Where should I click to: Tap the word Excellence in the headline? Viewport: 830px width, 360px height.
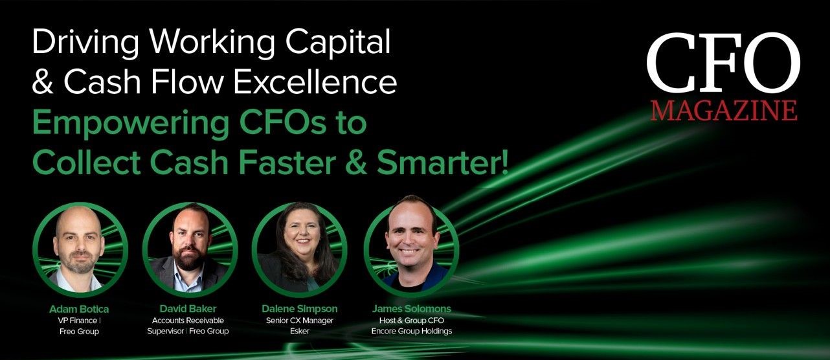click(315, 82)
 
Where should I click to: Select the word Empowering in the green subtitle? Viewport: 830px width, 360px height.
click(131, 124)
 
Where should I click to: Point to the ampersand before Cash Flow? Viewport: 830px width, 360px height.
click(43, 82)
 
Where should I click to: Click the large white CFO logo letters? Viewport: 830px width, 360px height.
click(724, 63)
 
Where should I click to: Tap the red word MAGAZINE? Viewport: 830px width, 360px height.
click(724, 110)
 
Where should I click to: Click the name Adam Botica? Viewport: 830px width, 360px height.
click(79, 309)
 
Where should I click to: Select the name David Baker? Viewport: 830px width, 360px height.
click(188, 309)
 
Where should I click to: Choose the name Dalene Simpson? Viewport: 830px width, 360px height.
click(299, 309)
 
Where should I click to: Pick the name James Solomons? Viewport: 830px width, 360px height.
click(411, 309)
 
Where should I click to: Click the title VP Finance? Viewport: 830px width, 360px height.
click(78, 321)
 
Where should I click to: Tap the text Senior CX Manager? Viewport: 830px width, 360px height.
click(299, 321)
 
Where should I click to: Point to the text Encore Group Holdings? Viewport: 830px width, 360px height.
click(411, 331)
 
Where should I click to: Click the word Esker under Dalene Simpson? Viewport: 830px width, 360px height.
click(299, 331)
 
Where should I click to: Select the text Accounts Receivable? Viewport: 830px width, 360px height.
click(188, 321)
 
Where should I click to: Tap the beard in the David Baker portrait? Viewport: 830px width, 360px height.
click(189, 256)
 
